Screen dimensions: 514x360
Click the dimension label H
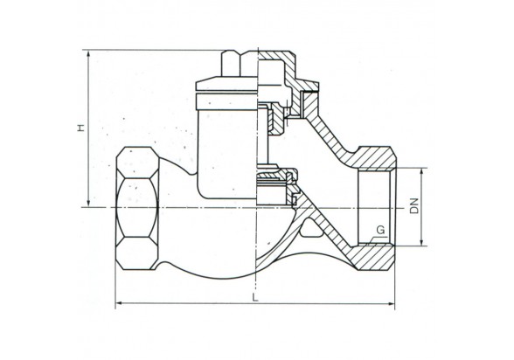[x=81, y=127]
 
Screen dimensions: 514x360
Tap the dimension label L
[x=255, y=297]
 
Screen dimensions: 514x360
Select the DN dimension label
[x=414, y=205]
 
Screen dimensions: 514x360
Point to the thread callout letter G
[x=380, y=230]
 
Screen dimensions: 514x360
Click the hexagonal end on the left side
[x=137, y=208]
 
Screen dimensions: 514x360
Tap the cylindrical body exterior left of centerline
[x=226, y=154]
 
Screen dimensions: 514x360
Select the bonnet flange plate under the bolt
[x=226, y=84]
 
